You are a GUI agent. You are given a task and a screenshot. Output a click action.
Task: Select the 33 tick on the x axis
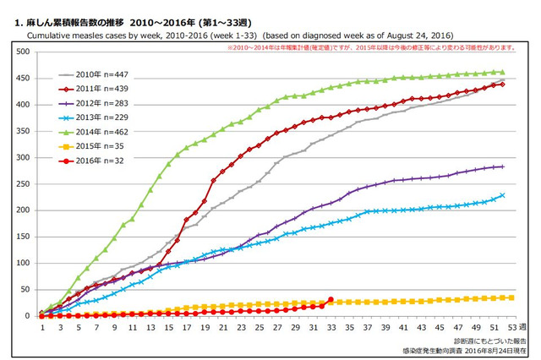331,327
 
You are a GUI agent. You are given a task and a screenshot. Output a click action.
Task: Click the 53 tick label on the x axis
511,327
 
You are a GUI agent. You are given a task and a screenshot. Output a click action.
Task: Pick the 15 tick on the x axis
167,327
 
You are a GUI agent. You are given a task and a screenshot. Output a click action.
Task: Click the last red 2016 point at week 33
331,299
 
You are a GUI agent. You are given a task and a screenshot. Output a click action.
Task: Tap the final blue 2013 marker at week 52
502,195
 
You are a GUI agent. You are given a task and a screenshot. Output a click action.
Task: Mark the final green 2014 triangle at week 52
502,72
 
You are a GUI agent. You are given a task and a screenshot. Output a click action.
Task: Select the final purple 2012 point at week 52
502,166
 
